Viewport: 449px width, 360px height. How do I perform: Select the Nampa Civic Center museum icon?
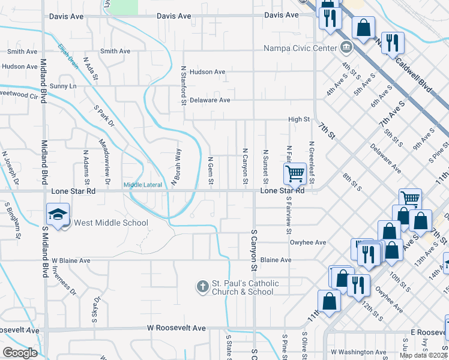346,47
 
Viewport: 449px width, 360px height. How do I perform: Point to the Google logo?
20,353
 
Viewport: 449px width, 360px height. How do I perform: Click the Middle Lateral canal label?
143,185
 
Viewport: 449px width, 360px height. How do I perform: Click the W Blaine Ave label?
71,261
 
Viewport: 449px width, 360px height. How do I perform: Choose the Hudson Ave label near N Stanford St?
207,72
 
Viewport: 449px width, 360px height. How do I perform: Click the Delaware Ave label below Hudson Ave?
210,100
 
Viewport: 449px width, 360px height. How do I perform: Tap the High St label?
298,119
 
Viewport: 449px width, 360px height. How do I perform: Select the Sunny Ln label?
64,86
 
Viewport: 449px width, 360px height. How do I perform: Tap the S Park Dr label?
103,115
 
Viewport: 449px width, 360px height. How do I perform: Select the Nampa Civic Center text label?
300,48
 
